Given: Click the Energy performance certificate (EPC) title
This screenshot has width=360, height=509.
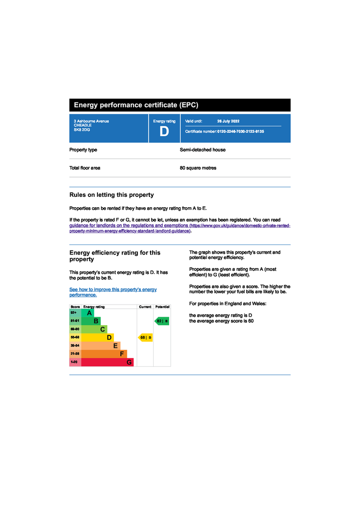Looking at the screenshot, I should click(136, 105).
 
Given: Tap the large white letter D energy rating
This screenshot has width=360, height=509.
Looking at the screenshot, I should click(164, 132).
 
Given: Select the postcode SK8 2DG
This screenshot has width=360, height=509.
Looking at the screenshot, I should click(82, 130).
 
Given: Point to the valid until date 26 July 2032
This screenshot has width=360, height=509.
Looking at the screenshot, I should click(228, 121).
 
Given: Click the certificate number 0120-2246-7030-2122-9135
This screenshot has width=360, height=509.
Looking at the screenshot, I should click(241, 132).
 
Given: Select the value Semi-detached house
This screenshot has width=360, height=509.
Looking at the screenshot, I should click(202, 150).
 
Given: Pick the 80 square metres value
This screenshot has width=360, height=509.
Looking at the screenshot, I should click(198, 168).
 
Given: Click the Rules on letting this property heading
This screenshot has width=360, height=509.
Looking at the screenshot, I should click(111, 195).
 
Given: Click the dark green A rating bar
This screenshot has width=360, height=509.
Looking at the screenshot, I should click(88, 313).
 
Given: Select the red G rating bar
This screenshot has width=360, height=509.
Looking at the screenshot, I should click(107, 362).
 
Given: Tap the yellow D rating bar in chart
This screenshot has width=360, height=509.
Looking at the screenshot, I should click(97, 338).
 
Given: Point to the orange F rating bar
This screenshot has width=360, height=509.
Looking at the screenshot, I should click(104, 354).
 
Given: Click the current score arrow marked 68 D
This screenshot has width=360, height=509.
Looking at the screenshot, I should click(145, 338).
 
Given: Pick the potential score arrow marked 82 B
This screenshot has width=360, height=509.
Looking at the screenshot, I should click(162, 321).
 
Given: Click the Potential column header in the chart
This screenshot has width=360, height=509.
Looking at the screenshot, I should click(162, 307).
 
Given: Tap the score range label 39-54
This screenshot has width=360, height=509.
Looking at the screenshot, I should click(75, 345).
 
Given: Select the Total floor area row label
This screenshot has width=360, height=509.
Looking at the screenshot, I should click(85, 168).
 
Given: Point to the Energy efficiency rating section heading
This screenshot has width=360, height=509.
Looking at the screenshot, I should click(115, 255).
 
